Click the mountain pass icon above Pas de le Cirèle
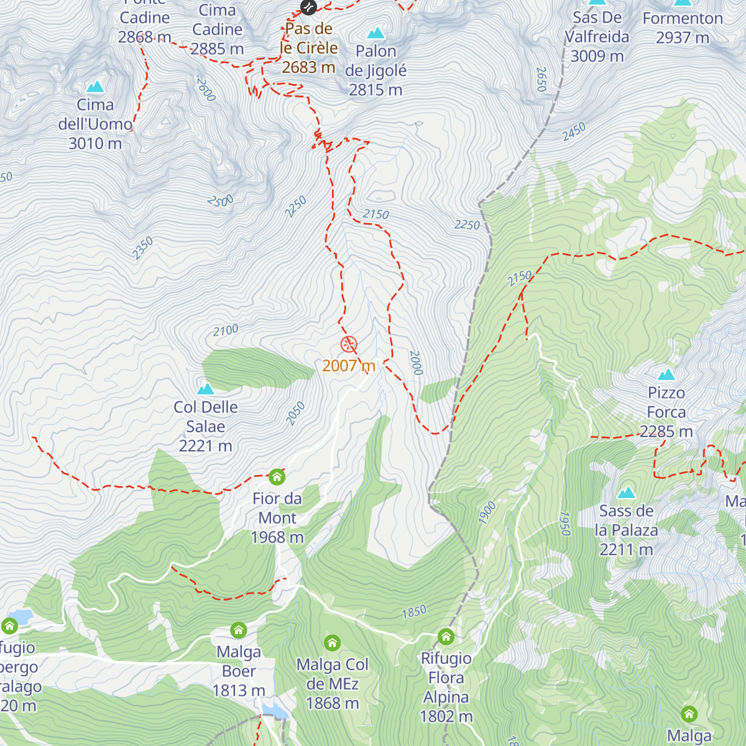[x=308, y=7]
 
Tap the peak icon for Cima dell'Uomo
[x=95, y=86]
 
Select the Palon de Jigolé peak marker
[x=375, y=33]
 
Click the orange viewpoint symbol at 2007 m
[x=349, y=344]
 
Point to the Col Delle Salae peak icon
[x=205, y=389]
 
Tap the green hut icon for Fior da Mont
[x=277, y=477]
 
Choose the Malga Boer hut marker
[x=239, y=630]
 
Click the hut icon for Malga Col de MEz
[x=333, y=643]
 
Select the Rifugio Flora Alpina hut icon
[x=446, y=637]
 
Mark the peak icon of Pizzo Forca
[x=666, y=374]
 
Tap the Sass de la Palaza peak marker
[x=626, y=493]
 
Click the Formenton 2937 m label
[x=683, y=28]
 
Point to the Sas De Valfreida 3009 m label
[x=597, y=37]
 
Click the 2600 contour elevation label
[x=206, y=89]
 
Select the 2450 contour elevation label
[x=574, y=131]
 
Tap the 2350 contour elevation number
[x=142, y=249]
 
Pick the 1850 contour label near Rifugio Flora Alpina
[x=414, y=612]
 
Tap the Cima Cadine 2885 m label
[x=217, y=29]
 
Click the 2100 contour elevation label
[x=225, y=330]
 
